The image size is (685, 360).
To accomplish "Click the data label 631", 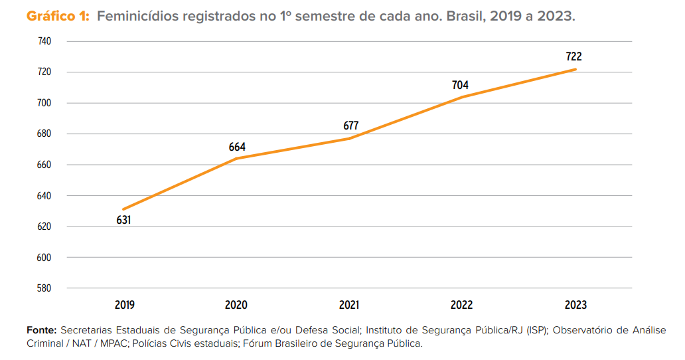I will pos(123,220).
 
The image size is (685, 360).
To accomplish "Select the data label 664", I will pos(238,147).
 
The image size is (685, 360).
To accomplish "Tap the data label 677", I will pos(351,126).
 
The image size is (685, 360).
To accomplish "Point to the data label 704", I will pos(460,85).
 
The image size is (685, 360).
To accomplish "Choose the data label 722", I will pos(573,57).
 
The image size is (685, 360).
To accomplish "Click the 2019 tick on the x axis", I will pos(124,305).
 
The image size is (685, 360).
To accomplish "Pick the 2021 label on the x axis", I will pos(349,305).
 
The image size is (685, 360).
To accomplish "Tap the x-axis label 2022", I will pos(462,305).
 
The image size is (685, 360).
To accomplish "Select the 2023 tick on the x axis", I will pos(575,305).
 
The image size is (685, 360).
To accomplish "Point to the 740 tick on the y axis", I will pos(45,41).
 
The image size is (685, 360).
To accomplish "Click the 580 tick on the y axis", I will pos(45,288).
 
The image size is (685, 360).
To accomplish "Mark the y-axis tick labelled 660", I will pos(45,165).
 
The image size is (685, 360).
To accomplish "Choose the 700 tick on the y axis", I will pos(45,103).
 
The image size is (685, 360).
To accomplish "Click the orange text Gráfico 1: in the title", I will pos(58,17).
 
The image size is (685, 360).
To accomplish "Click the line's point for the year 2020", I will pos(237,158).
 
